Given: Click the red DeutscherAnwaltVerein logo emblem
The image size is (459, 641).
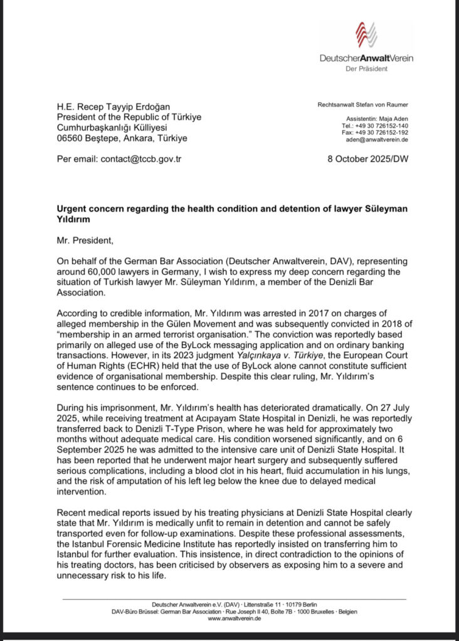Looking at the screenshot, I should pyautogui.click(x=366, y=35).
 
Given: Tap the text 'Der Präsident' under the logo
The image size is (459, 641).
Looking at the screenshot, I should pyautogui.click(x=366, y=69).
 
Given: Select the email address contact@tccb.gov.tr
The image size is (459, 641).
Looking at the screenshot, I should pyautogui.click(x=140, y=159).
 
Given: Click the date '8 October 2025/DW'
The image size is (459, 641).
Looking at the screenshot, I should pyautogui.click(x=367, y=159).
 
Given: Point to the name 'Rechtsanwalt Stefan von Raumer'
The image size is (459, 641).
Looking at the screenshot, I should pyautogui.click(x=363, y=105).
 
